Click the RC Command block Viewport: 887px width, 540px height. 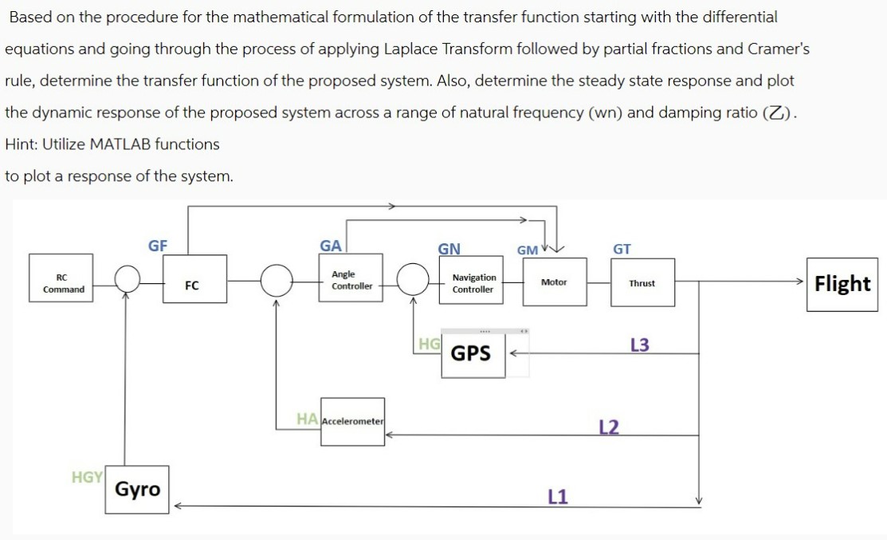pyautogui.click(x=63, y=284)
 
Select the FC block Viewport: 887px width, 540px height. pyautogui.click(x=192, y=284)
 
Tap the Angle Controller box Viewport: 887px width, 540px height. pyautogui.click(x=351, y=281)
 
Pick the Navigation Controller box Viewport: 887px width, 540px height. pyautogui.click(x=473, y=283)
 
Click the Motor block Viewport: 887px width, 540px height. pyautogui.click(x=554, y=282)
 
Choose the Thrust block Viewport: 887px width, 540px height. pyautogui.click(x=642, y=283)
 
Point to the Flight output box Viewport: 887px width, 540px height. pyautogui.click(x=842, y=284)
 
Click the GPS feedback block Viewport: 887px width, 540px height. pyautogui.click(x=472, y=353)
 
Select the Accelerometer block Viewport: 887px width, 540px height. pyautogui.click(x=352, y=421)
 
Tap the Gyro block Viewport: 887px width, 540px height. pyautogui.click(x=137, y=489)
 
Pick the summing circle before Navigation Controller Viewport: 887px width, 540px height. pyautogui.click(x=413, y=281)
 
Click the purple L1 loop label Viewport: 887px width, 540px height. pyautogui.click(x=558, y=497)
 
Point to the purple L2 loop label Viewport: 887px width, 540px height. pyautogui.click(x=608, y=428)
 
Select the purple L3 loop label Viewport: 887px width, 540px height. pyautogui.click(x=639, y=345)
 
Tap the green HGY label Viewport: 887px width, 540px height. pyautogui.click(x=87, y=477)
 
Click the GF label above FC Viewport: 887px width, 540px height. pyautogui.click(x=158, y=246)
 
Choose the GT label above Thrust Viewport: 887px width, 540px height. pyautogui.click(x=622, y=250)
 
